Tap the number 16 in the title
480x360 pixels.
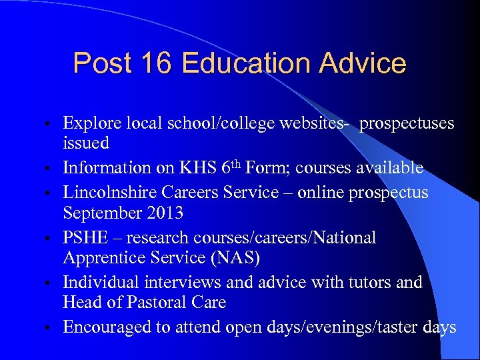click(155, 63)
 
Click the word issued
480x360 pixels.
click(86, 143)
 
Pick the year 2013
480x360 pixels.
click(167, 213)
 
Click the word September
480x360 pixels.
click(102, 213)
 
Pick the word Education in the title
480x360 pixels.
click(246, 63)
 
